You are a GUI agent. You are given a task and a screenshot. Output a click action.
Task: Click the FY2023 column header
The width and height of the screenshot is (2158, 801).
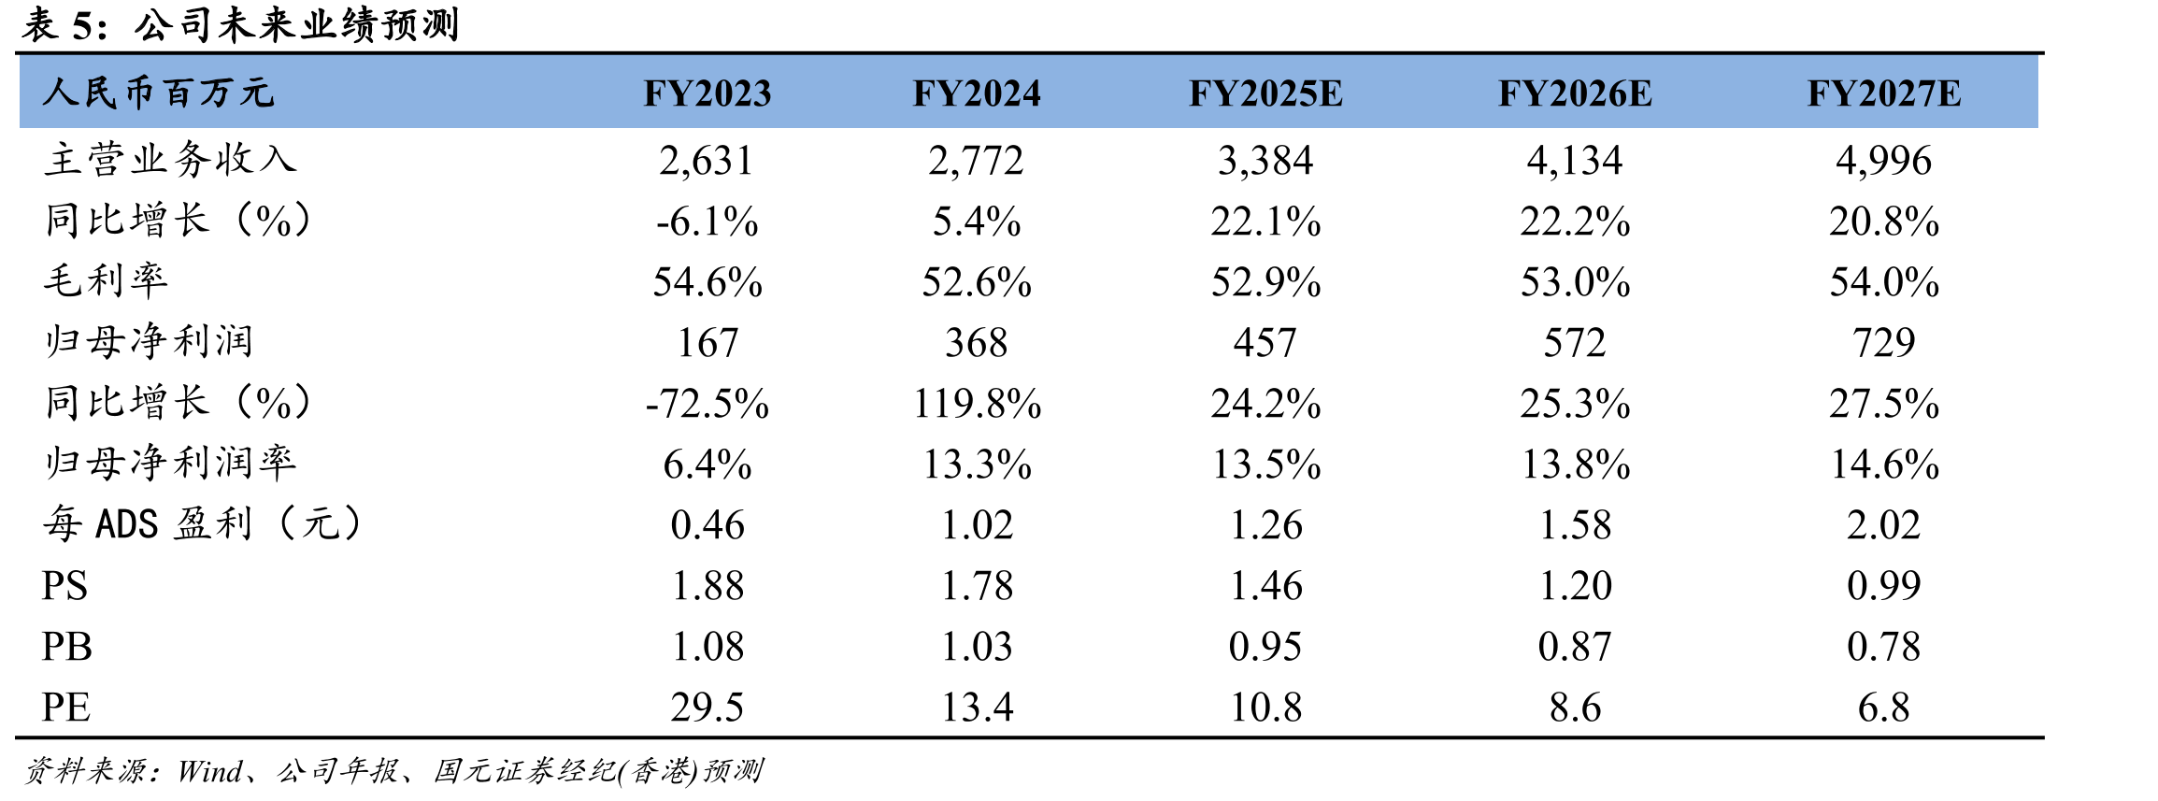[707, 93]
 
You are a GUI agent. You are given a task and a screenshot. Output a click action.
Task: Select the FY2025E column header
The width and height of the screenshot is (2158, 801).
[1265, 93]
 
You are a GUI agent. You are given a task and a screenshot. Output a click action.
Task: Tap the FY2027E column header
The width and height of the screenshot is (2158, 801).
[1883, 93]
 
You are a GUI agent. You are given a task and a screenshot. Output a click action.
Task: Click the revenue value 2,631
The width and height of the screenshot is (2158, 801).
[707, 161]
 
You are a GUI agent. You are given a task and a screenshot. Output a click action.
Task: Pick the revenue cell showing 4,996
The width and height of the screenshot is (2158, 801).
[1883, 161]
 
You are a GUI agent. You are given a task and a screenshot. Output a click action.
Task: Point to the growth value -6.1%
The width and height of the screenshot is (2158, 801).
[707, 222]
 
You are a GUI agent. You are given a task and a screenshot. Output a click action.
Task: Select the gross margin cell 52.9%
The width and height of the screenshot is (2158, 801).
[1265, 282]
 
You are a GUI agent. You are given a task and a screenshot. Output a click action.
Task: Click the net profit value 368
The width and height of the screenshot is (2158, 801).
[976, 343]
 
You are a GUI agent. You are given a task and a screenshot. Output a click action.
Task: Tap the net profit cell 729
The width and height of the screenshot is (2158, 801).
[1883, 343]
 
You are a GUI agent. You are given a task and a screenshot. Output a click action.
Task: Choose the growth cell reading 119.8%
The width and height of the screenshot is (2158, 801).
[977, 404]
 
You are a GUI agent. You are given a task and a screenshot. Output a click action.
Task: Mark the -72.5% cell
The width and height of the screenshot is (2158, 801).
[707, 404]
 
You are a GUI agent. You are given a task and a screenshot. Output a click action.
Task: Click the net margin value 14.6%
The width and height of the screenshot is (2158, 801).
[1884, 465]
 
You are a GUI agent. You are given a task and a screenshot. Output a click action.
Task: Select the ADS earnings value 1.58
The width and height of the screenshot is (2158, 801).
[1575, 525]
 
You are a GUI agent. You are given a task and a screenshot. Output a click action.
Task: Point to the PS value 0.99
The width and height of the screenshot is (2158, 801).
[1883, 586]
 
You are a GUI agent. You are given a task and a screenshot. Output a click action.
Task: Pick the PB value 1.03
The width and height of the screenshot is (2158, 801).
[977, 647]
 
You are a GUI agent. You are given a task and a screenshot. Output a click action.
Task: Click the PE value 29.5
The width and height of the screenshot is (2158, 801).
[707, 708]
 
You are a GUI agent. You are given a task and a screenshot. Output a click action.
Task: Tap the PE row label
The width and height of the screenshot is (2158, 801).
[66, 708]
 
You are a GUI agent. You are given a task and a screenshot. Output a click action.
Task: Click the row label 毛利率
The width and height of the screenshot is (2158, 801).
[106, 280]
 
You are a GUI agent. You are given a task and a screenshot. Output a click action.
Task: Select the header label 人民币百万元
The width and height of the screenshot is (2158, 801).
[158, 93]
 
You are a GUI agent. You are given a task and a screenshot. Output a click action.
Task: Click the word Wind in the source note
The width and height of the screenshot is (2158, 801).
[210, 771]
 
